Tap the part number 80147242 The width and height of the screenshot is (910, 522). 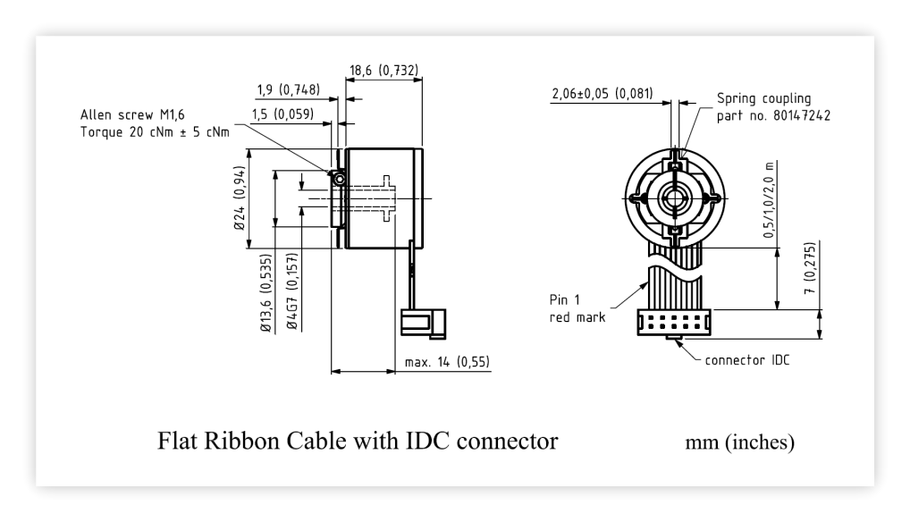(x=802, y=115)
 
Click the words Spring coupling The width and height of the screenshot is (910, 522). (x=763, y=98)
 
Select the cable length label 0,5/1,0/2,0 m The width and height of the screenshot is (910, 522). (x=769, y=200)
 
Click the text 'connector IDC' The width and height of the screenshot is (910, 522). (x=747, y=360)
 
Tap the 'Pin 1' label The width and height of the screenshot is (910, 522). (x=564, y=299)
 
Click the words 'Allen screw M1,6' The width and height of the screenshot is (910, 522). (x=132, y=114)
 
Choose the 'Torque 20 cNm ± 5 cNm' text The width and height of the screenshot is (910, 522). (x=155, y=132)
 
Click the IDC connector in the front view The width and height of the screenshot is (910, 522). (x=674, y=323)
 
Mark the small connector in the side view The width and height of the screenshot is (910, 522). (x=423, y=324)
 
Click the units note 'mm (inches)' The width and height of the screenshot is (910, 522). (x=739, y=442)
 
